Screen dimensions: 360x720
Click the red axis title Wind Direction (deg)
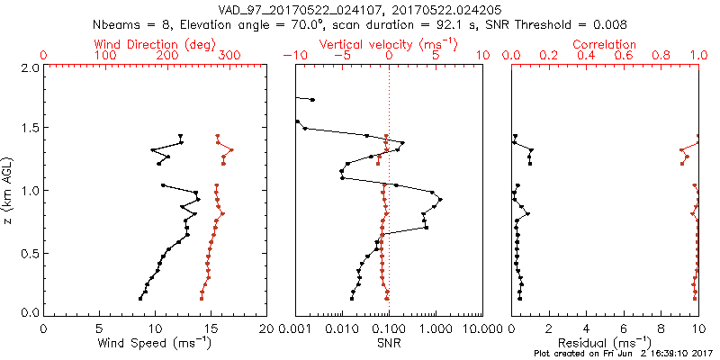click(155, 44)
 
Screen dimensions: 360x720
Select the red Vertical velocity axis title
click(389, 44)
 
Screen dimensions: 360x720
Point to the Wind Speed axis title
click(155, 343)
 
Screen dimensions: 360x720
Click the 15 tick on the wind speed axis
click(211, 327)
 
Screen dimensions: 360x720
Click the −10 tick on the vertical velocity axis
click(293, 56)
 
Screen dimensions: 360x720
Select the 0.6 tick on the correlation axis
click(624, 56)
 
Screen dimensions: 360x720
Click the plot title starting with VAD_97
click(359, 9)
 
